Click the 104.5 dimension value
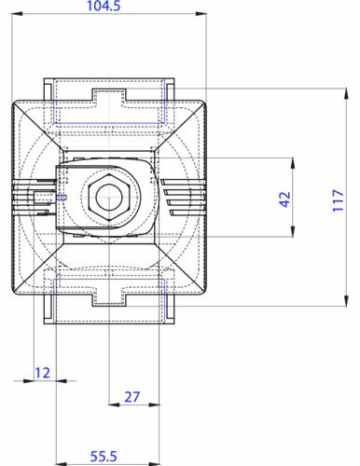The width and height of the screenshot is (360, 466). click(104, 6)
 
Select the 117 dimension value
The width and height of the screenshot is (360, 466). click(338, 200)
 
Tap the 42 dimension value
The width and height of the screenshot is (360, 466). click(284, 199)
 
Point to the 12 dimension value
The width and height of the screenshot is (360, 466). click(42, 373)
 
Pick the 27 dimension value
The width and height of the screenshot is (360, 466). click(132, 397)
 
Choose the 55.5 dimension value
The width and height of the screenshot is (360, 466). click(104, 457)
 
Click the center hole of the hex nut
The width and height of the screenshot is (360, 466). click(108, 198)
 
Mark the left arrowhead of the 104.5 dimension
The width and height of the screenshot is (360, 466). click(17, 14)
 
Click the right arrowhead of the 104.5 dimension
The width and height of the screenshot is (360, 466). click(201, 14)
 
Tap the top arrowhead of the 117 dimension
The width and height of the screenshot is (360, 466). click(346, 94)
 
